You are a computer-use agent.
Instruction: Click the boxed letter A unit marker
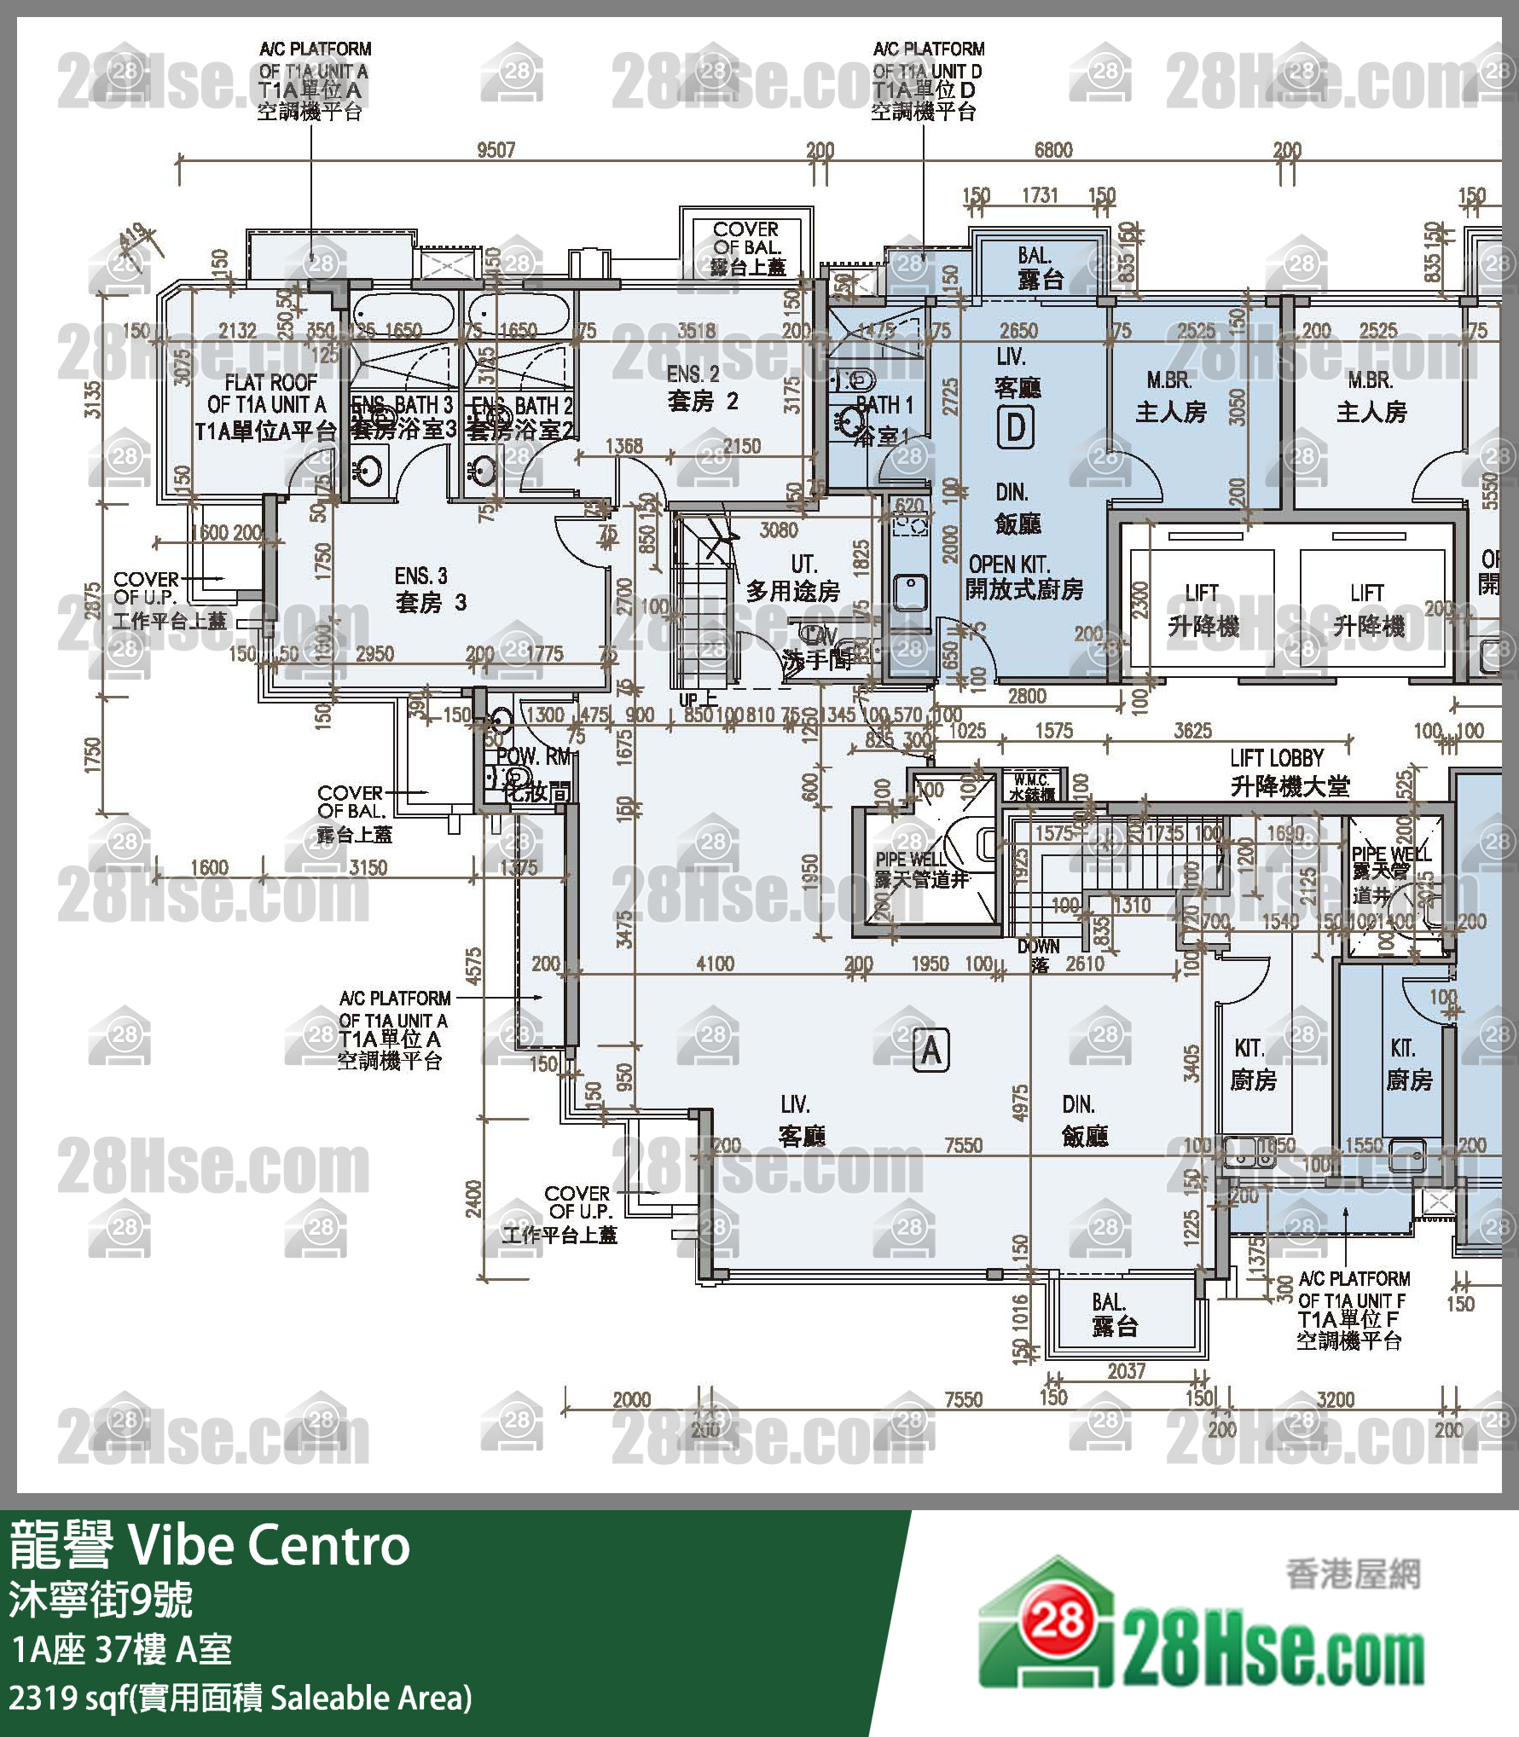click(x=931, y=1049)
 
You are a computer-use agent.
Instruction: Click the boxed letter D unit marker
click(x=1015, y=427)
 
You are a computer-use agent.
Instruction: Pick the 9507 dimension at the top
click(x=496, y=150)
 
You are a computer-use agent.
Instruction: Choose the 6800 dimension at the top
click(x=1052, y=150)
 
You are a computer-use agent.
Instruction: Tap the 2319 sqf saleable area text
click(x=240, y=1698)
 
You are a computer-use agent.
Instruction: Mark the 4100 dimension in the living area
click(x=714, y=964)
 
